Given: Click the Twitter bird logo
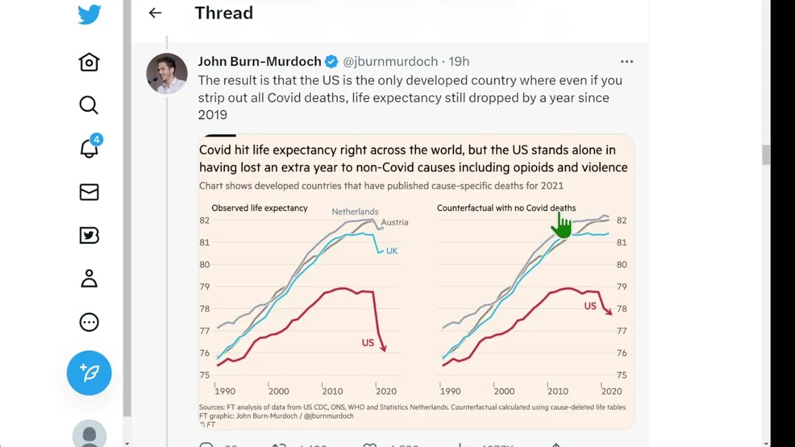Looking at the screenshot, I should click(89, 14).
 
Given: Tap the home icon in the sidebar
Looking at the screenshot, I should click(89, 62).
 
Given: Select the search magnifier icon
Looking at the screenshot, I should click(89, 105).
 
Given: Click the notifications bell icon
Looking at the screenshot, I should click(89, 148).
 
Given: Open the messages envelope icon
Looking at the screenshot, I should click(89, 192).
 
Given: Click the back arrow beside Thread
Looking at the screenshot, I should click(155, 13).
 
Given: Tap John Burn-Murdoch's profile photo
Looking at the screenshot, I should click(167, 73).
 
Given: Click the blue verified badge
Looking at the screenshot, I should click(332, 61).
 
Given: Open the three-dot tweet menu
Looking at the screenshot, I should click(627, 61).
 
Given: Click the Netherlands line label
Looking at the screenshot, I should click(355, 212).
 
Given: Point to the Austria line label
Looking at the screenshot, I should click(394, 222).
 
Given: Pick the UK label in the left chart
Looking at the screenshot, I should click(392, 251).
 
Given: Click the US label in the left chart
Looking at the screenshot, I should click(368, 343).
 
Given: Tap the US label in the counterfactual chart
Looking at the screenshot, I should click(590, 306).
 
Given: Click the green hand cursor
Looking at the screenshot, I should click(561, 226).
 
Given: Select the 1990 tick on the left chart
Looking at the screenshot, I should click(225, 391).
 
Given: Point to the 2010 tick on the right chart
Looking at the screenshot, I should click(558, 391).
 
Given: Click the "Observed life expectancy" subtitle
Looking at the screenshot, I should click(260, 208).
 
